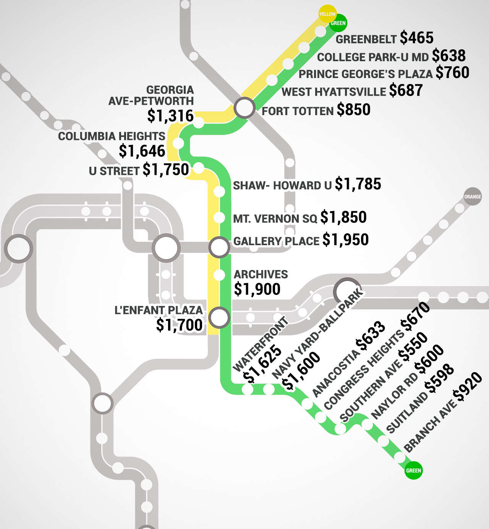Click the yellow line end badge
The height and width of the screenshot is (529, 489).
click(x=327, y=14)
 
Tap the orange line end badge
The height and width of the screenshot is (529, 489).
click(x=472, y=197)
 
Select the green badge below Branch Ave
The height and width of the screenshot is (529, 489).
click(x=413, y=470)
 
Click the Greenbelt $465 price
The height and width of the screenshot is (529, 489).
click(x=417, y=38)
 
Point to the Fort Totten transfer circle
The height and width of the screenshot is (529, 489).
click(x=244, y=108)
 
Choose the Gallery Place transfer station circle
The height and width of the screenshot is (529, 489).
click(x=219, y=247)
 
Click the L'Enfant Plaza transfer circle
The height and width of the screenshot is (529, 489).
click(x=219, y=317)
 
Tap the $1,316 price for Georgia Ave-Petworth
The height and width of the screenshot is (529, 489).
click(x=170, y=116)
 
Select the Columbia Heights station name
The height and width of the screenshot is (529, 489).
click(x=112, y=136)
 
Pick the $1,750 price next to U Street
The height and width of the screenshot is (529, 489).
click(x=166, y=169)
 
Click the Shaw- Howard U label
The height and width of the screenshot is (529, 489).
click(x=282, y=186)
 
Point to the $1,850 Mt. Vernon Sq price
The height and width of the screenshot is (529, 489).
click(x=343, y=217)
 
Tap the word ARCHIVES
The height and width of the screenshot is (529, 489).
click(x=261, y=274)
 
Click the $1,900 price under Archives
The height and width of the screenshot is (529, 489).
click(x=257, y=289)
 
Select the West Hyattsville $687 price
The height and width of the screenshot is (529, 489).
click(x=406, y=91)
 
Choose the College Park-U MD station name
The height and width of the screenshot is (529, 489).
click(x=373, y=57)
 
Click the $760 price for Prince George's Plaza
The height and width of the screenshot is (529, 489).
click(x=452, y=73)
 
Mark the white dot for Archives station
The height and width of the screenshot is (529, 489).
click(x=219, y=275)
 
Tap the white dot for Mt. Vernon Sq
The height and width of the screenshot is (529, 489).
click(x=219, y=218)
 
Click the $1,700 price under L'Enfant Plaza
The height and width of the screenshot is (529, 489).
click(x=179, y=325)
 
